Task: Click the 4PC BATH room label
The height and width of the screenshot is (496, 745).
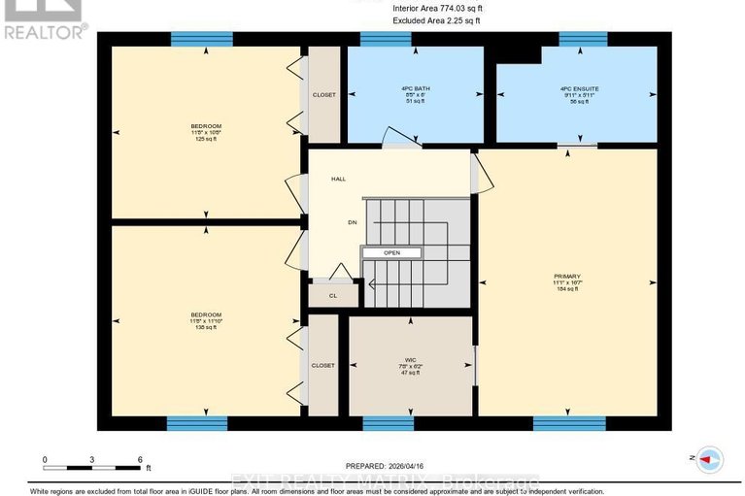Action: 415,88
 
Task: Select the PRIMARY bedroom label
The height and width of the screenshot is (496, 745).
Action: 565,277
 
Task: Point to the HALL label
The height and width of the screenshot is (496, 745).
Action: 338,180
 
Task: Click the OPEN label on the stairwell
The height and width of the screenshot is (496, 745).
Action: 391,252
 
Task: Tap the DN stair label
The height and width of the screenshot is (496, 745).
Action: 338,221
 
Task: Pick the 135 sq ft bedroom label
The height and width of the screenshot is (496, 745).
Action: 206,320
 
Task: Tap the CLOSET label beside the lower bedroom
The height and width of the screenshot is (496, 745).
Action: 322,365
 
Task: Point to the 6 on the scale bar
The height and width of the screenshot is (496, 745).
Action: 140,459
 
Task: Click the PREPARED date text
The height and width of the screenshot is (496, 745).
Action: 386,465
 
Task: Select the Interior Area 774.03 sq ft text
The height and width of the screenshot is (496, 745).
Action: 437,8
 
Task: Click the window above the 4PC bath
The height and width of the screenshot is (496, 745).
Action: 386,39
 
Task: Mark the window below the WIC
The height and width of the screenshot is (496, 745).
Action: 389,423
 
